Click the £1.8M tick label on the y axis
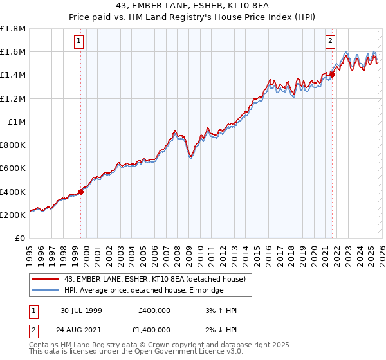pos(13,29)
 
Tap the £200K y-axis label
pos(13,215)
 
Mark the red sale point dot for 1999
pos(81,192)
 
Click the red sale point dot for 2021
pos(332,75)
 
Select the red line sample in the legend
pos(46,279)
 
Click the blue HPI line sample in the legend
pos(46,291)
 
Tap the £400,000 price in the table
pos(154,310)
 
